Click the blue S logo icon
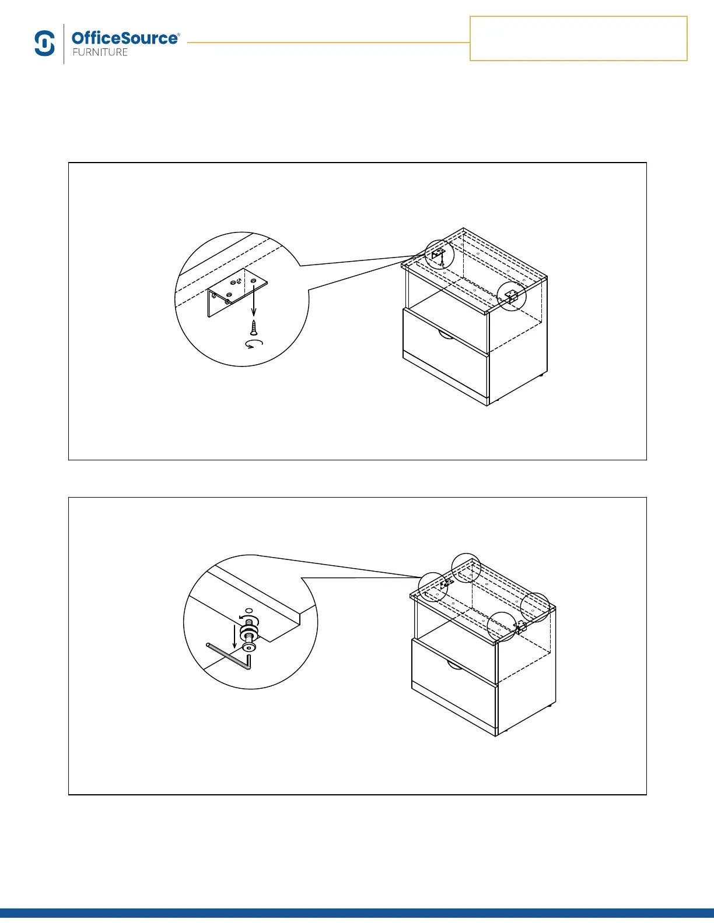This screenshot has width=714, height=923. coord(45,44)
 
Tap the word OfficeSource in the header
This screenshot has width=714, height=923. coord(125,38)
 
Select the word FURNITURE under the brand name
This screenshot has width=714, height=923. coord(100,52)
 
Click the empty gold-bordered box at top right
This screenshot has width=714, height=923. coord(578,38)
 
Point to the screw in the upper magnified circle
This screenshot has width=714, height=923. coord(254,326)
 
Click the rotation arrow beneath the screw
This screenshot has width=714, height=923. coord(254,344)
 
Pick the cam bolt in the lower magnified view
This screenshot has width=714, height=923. coord(250,635)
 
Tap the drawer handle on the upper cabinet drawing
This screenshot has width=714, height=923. coord(445,334)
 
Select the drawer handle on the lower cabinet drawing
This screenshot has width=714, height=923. coord(454,664)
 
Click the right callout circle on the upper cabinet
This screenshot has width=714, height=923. coord(511,296)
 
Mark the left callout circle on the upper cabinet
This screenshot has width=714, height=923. coord(439,254)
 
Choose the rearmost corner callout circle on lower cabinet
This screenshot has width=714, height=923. coord(467,567)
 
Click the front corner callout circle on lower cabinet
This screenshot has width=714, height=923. coord(502,626)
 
